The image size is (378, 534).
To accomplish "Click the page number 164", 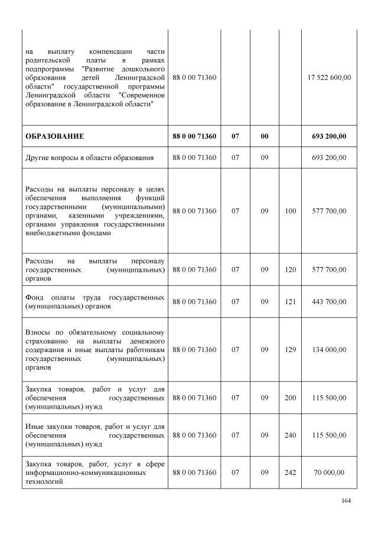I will point(346,502).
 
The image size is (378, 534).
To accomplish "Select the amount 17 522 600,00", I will point(330,77).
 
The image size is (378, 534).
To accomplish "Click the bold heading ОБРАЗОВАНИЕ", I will point(54,136).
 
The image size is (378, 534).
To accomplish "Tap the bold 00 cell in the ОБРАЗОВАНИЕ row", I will point(265,136).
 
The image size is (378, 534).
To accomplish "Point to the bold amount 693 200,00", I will point(330,136).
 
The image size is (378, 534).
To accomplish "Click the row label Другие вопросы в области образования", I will point(89,157).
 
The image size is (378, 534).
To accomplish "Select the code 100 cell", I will point(290,211).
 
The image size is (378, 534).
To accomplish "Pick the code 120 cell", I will point(290,269).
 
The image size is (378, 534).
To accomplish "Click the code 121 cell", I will point(290,302).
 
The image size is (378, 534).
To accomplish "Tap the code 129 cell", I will point(290,350).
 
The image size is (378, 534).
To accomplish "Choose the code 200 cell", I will point(290,398).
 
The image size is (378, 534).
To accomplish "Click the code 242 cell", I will point(290,473).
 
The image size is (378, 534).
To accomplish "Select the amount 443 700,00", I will point(330,302).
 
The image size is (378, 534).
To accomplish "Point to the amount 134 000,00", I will point(330,350).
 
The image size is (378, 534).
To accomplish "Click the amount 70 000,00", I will point(330,473).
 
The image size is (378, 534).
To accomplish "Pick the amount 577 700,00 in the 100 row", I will point(330,211).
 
